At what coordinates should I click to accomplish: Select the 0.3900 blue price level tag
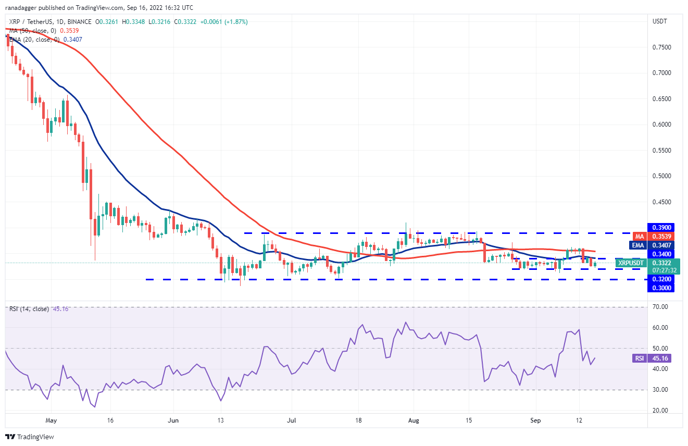pos(660,227)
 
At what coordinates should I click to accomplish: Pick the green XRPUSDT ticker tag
pos(631,263)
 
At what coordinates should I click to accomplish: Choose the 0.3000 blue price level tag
pos(660,288)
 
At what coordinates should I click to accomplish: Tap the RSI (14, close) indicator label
pos(29,309)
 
